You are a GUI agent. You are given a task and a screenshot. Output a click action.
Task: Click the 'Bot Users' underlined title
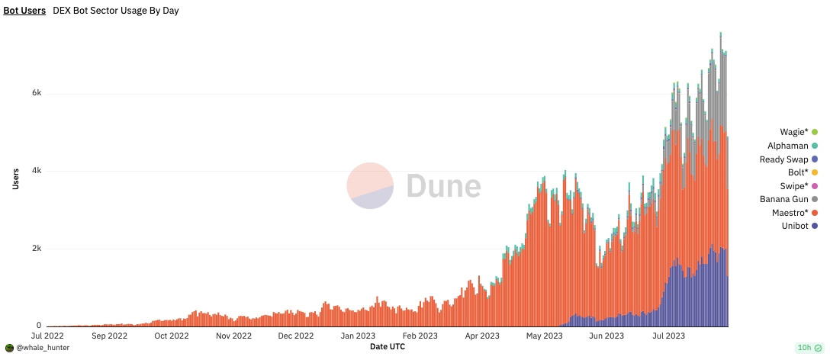point(24,11)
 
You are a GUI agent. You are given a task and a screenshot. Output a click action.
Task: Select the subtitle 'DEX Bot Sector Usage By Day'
point(116,11)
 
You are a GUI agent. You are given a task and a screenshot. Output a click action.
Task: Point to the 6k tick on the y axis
point(37,93)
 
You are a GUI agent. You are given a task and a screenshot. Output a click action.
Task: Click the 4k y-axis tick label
point(37,171)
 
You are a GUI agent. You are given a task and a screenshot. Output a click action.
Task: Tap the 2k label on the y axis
point(37,249)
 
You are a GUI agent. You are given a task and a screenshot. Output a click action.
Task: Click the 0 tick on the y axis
point(39,326)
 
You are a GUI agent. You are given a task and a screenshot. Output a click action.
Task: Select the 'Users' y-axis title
point(16,179)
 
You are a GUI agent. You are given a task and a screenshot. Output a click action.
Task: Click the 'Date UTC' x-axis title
point(388,347)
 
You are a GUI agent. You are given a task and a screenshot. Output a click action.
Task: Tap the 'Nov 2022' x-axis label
point(234,336)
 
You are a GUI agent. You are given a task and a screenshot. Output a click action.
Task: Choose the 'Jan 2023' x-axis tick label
point(358,336)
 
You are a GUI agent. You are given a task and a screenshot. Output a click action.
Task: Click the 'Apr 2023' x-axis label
point(482,336)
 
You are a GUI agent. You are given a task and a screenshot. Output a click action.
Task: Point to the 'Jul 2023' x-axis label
point(668,336)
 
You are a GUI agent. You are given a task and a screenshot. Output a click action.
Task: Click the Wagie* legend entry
point(798,132)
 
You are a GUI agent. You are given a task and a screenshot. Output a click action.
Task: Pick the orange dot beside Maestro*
point(815,213)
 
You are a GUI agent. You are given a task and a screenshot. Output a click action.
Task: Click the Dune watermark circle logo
point(370,185)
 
